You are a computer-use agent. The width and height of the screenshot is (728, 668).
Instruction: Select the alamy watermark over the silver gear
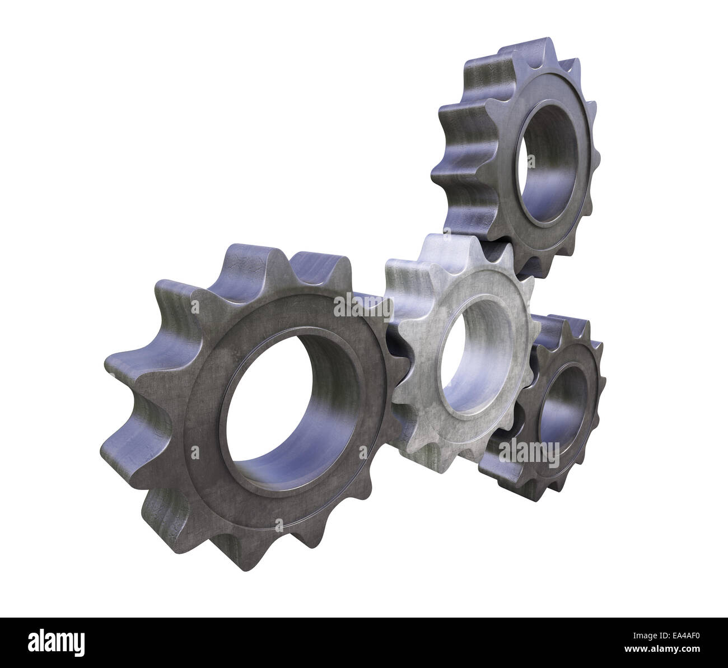[363, 307]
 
